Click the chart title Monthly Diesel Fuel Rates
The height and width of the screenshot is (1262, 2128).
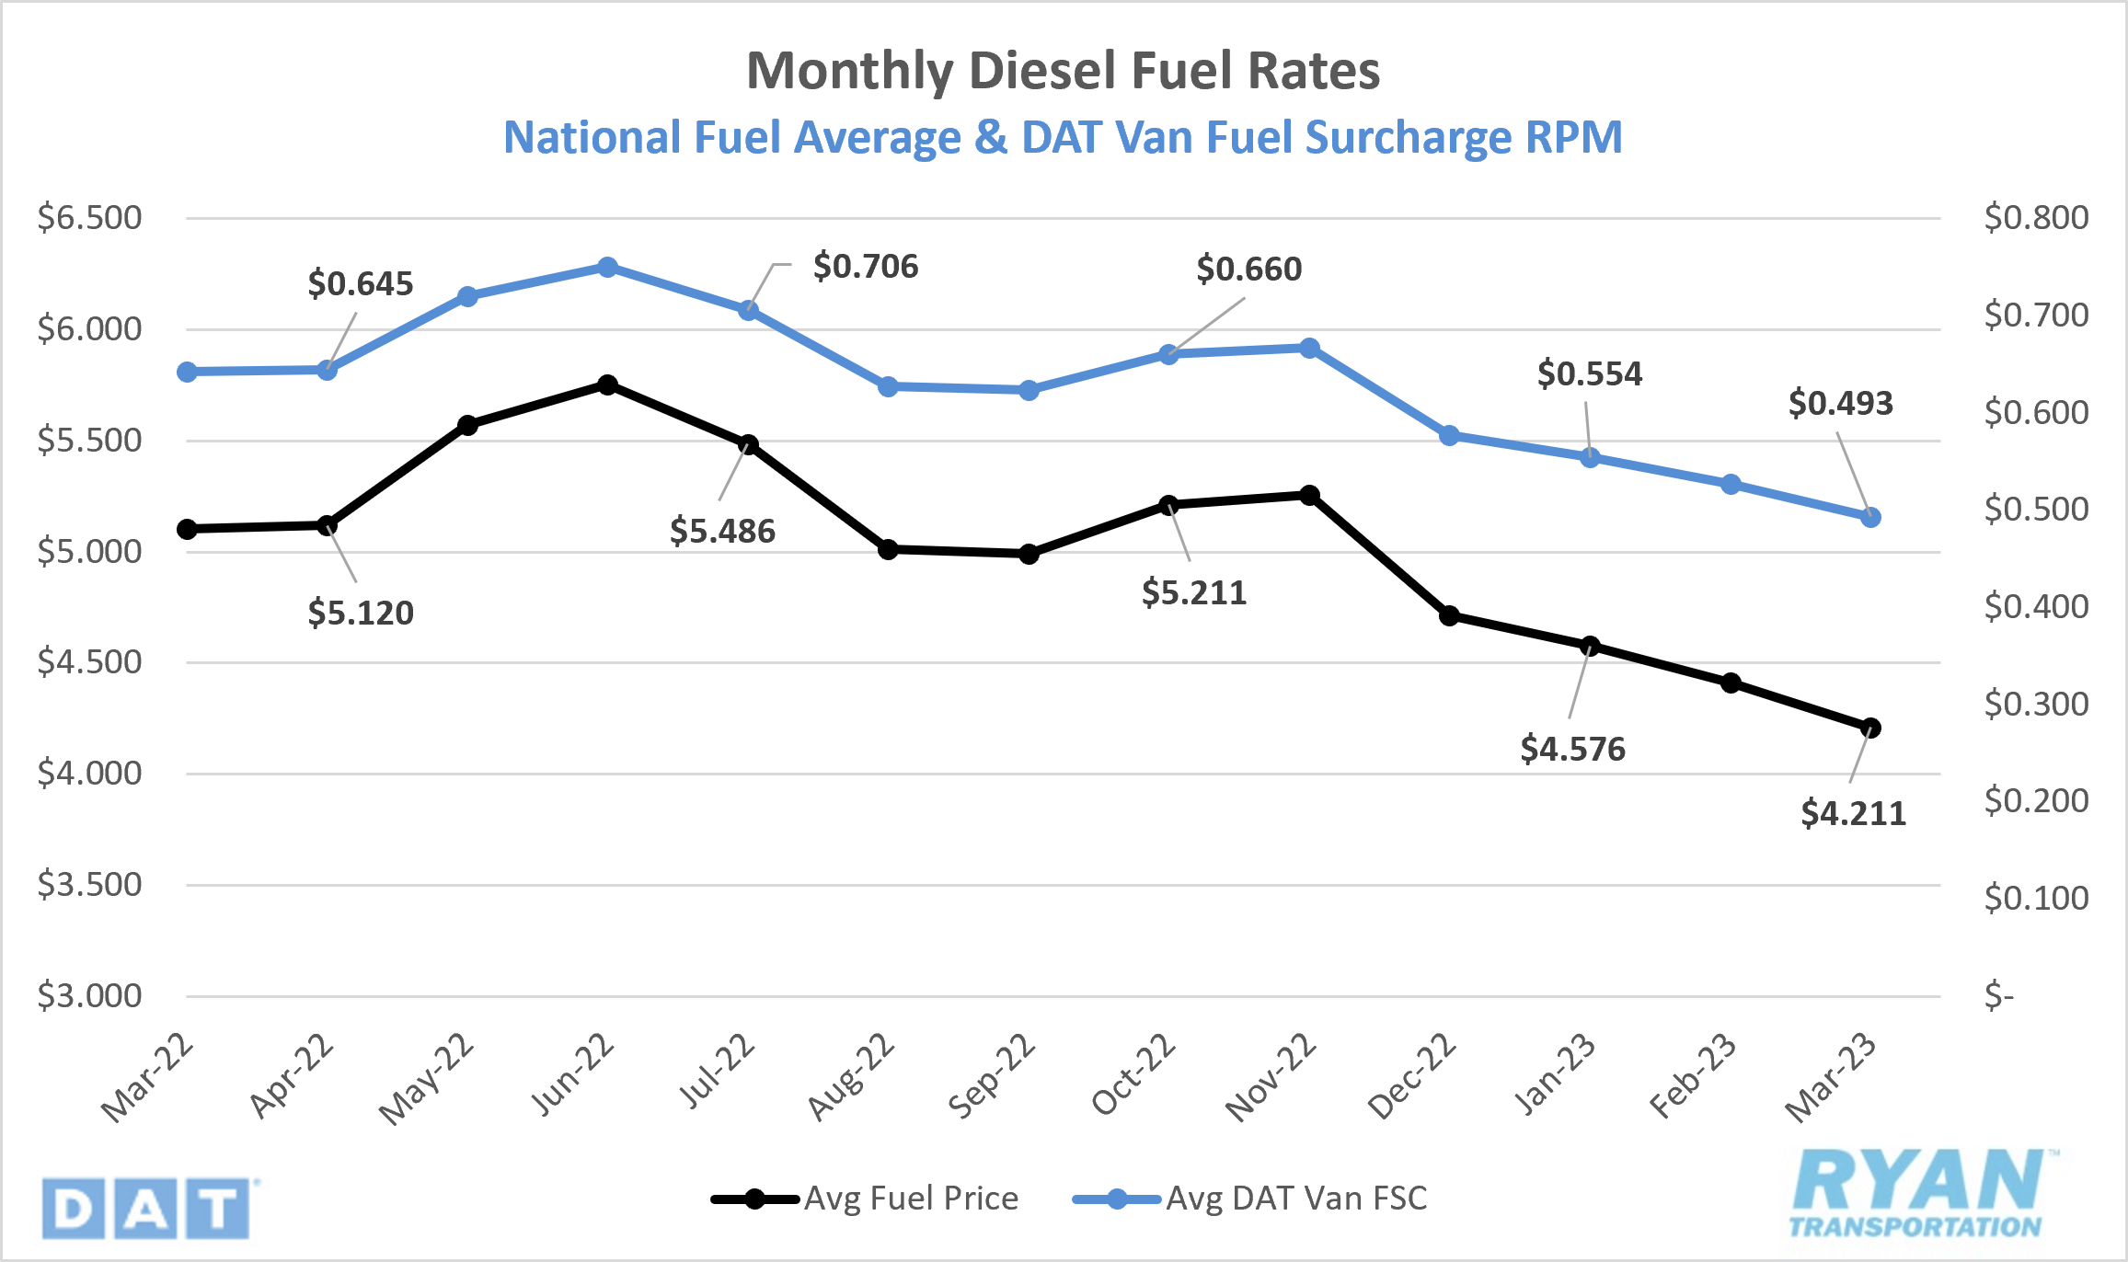click(x=1063, y=71)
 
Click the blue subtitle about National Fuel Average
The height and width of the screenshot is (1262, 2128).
click(x=1063, y=138)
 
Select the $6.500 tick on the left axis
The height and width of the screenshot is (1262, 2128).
click(x=89, y=218)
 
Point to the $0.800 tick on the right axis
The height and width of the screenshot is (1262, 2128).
click(x=2035, y=218)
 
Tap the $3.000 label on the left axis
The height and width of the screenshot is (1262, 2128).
click(x=89, y=995)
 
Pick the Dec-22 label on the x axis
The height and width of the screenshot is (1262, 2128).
click(x=1412, y=1075)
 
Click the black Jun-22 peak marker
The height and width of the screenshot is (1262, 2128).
click(x=607, y=384)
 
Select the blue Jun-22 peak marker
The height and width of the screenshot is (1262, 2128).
click(x=607, y=268)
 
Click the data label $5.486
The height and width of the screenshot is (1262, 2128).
click(x=722, y=531)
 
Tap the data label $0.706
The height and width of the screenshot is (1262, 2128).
click(x=865, y=267)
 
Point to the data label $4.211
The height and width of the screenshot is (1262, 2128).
click(x=1853, y=813)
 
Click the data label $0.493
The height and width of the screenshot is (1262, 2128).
click(x=1840, y=403)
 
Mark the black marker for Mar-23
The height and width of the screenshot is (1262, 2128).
click(x=1870, y=728)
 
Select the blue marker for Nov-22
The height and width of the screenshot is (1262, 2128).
click(x=1309, y=348)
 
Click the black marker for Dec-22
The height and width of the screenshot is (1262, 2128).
click(x=1449, y=615)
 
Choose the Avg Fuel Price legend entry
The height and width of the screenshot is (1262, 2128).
click(x=865, y=1199)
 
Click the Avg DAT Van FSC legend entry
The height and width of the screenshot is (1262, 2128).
click(x=1251, y=1199)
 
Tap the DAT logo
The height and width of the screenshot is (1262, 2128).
click(x=145, y=1209)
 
